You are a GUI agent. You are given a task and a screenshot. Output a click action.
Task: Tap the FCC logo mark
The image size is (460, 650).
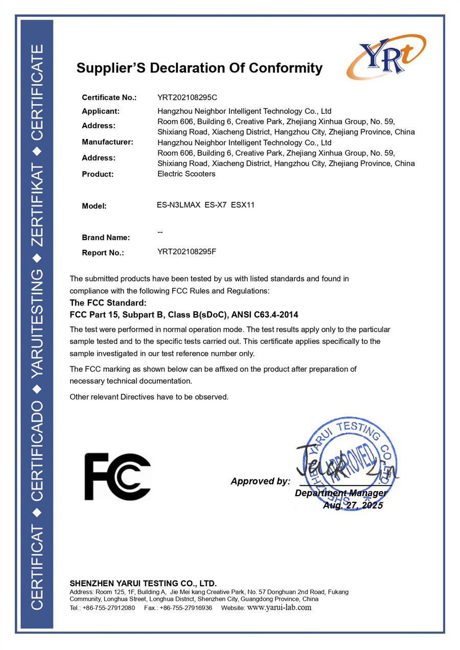tap(118, 476)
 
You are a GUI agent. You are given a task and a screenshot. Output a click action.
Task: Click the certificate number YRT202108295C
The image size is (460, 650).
tap(188, 97)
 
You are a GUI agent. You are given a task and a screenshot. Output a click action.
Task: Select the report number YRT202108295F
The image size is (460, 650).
tap(187, 251)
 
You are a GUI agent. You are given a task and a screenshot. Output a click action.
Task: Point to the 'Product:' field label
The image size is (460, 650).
tap(98, 174)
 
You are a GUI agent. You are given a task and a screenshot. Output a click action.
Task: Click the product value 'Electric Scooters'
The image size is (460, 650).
tap(187, 174)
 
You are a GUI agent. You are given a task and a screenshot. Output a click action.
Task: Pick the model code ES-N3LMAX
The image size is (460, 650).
tap(178, 205)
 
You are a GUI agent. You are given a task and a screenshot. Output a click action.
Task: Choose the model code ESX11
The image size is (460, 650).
tap(243, 205)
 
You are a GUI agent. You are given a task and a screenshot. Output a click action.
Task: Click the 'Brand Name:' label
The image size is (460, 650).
tap(106, 238)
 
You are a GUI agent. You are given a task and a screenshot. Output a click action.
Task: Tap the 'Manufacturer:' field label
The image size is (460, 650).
tap(107, 142)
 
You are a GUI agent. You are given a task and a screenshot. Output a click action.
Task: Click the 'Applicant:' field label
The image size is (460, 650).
tap(101, 111)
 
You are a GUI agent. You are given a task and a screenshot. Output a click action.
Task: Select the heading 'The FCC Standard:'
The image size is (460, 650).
tap(108, 303)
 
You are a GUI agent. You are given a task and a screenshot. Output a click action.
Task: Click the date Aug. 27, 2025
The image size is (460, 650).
tap(353, 505)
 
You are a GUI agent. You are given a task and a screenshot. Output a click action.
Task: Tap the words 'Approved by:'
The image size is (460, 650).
tap(260, 481)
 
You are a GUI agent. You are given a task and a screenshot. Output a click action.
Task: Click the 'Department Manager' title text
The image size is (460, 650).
tap(340, 493)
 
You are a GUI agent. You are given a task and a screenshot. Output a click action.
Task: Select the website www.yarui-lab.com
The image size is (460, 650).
tap(279, 608)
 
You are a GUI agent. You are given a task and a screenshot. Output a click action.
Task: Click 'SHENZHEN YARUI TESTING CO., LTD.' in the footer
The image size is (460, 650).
tap(143, 584)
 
